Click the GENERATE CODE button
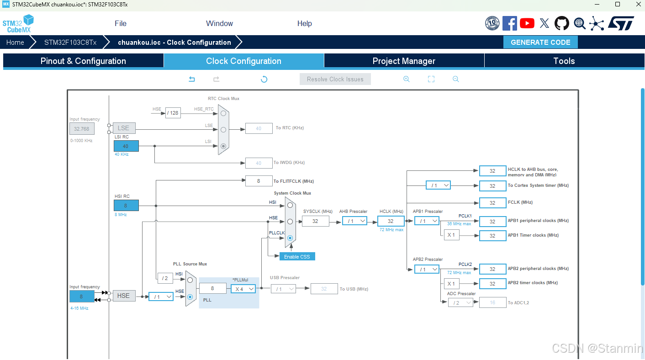coord(540,42)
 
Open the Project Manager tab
coord(404,61)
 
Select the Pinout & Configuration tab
coord(83,61)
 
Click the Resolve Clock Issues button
coord(335,79)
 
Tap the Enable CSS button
coord(297,257)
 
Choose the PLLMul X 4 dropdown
coord(243,289)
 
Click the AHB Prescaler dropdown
coord(354,221)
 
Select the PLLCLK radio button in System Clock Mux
coord(290,238)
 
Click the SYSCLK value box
coord(315,221)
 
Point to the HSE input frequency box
coord(82,296)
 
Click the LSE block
coord(124,128)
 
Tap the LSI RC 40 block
coord(126,146)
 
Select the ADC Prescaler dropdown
coord(460,302)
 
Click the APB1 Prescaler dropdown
coord(427,221)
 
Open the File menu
coord(121,24)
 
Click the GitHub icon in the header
coord(562,23)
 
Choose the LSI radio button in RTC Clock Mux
coord(223,146)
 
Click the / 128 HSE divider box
coord(173,113)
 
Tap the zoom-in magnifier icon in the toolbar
coord(406,79)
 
